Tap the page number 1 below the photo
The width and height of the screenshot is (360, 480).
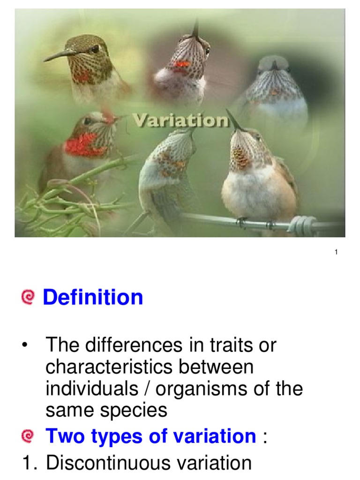point(336,253)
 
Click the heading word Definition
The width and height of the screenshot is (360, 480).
point(93,297)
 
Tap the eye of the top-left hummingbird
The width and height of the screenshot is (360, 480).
point(95,48)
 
